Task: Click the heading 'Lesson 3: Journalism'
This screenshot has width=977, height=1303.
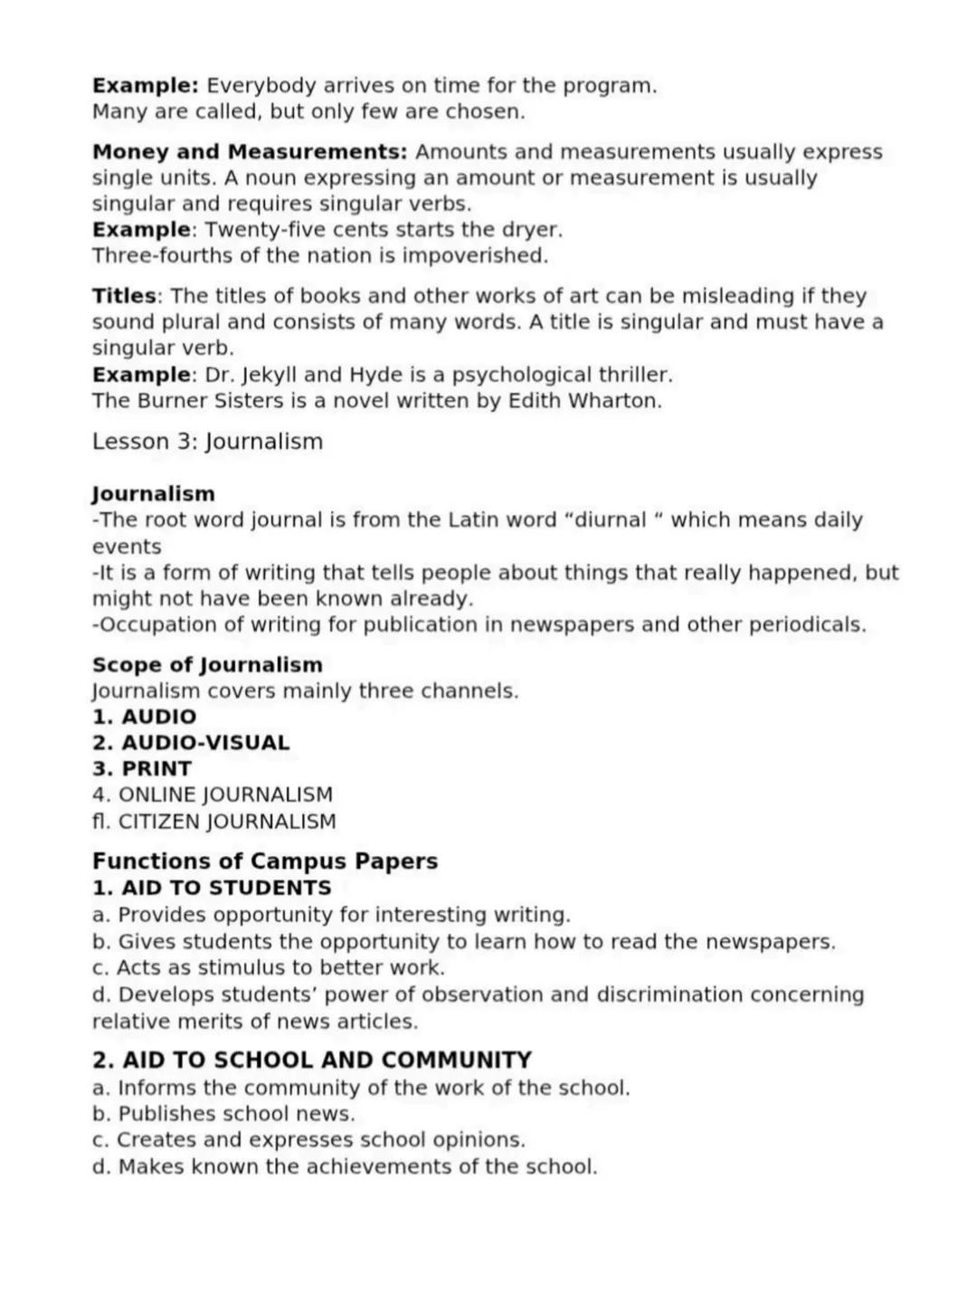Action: [x=207, y=442]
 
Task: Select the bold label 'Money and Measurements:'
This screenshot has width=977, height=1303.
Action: [x=250, y=152]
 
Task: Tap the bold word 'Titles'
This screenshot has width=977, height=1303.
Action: [x=124, y=296]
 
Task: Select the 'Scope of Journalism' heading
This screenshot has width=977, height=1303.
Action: [x=207, y=665]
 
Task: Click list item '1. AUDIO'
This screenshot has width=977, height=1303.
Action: [x=144, y=717]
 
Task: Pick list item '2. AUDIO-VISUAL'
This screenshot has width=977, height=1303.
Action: [x=191, y=743]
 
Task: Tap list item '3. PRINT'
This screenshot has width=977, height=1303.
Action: [x=142, y=769]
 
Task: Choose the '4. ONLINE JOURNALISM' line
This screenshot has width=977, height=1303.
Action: [x=213, y=795]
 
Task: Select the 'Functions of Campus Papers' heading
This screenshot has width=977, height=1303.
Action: [x=265, y=861]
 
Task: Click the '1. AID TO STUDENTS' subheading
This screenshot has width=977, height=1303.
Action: [x=212, y=888]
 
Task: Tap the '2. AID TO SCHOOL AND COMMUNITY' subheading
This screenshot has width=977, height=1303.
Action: [x=312, y=1060]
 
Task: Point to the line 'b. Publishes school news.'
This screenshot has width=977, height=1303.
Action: [x=223, y=1114]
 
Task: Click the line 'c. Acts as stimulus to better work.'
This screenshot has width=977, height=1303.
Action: [x=269, y=967]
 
